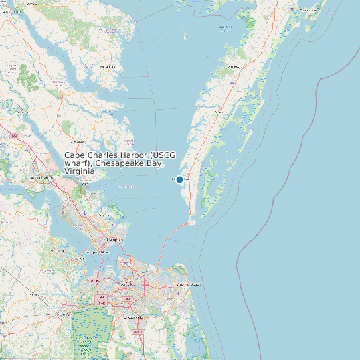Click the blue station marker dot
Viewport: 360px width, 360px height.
click(179, 179)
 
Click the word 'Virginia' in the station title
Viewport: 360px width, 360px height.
click(80, 171)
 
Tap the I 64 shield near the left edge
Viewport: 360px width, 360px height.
click(14, 136)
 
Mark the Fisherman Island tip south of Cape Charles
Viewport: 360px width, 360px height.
click(193, 223)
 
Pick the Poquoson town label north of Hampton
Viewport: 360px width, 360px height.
click(104, 215)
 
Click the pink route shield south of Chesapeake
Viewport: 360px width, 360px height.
click(137, 331)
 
